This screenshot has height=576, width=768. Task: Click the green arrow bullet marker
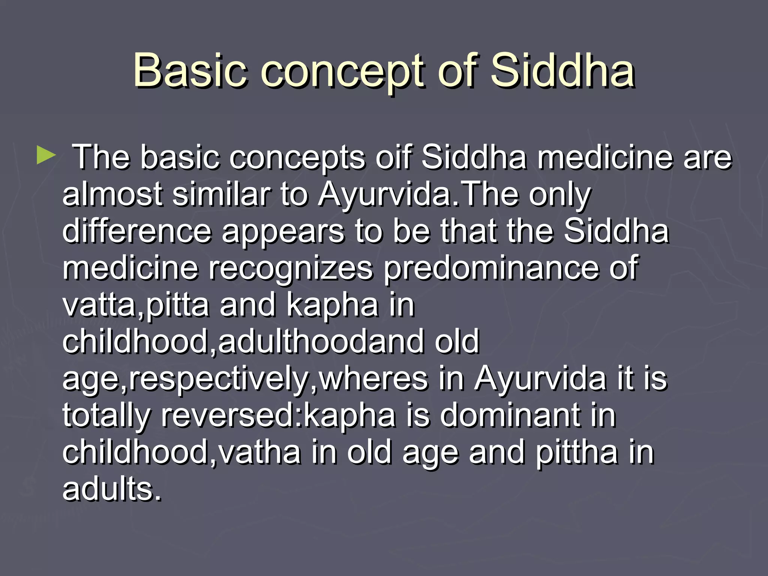click(x=46, y=156)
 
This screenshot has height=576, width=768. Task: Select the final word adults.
click(x=112, y=489)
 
